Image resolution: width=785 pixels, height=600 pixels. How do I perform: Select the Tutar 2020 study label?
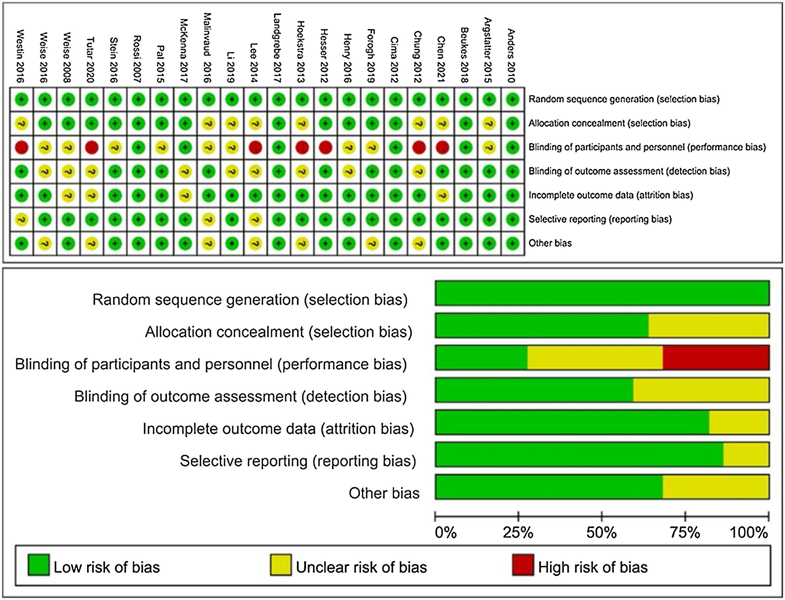(91, 59)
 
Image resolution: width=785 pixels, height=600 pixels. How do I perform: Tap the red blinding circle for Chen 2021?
(442, 147)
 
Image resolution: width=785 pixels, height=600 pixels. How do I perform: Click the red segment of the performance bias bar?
(716, 358)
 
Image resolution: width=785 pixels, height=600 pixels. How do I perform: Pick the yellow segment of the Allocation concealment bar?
(709, 325)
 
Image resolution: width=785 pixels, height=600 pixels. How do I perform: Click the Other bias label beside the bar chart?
(384, 493)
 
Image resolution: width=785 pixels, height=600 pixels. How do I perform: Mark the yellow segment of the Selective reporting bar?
(746, 454)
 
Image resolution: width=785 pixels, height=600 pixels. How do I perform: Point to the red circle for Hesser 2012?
(325, 147)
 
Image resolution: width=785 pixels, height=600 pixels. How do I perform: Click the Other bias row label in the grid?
(550, 243)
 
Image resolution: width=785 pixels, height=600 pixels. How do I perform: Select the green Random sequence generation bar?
(602, 293)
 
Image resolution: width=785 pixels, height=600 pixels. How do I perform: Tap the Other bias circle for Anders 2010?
(513, 244)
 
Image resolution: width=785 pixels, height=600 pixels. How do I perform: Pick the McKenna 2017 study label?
(184, 51)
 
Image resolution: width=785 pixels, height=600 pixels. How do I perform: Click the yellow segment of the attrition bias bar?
(739, 422)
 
